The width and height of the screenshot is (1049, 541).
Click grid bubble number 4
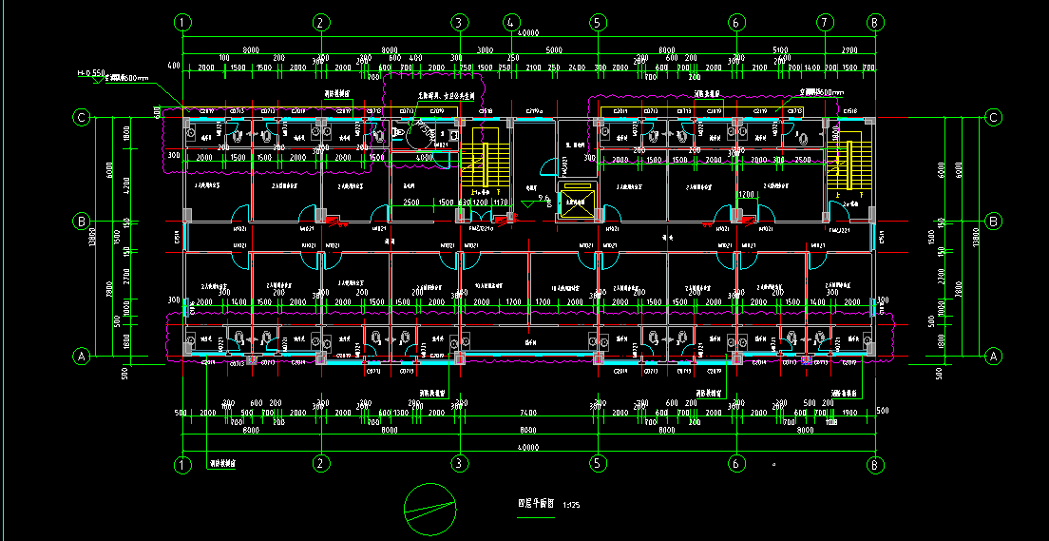coord(511,22)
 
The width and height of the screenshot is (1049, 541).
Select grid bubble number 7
coord(825,22)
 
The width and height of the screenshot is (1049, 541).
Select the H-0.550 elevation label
coord(90,71)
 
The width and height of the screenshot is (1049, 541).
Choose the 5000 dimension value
coord(554,49)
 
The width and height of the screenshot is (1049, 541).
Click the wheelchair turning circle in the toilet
coord(416,136)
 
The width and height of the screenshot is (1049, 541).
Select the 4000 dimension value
coord(424,157)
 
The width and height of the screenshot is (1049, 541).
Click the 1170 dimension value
coord(501,203)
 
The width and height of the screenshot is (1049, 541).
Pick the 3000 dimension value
coord(485,49)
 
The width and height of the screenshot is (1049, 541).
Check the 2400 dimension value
coord(577,68)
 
